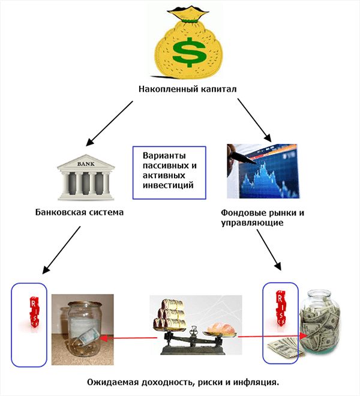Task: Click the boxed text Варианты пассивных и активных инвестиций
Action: click(169, 170)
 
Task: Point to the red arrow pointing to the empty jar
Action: click(126, 338)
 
